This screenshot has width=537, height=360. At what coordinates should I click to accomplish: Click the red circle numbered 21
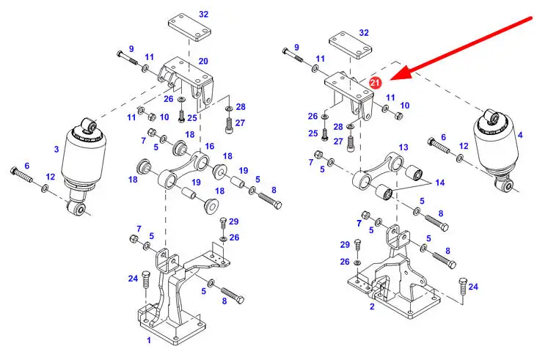(375, 84)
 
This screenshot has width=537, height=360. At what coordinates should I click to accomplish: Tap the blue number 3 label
(56, 150)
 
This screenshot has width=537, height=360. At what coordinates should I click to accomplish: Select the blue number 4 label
(520, 136)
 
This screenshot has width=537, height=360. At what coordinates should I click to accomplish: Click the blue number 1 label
(148, 341)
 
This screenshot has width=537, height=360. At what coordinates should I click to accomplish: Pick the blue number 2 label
(372, 306)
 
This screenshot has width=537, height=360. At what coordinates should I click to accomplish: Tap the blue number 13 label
(403, 147)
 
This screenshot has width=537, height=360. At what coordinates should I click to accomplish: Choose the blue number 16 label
(209, 146)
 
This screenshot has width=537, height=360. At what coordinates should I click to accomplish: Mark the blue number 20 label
(203, 61)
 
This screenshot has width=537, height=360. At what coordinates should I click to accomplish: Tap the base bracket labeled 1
(172, 301)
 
